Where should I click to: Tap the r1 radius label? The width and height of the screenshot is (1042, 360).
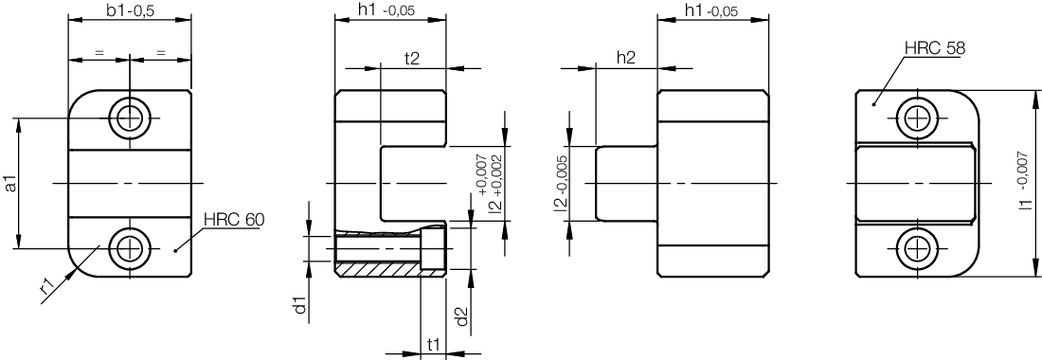pos(47,287)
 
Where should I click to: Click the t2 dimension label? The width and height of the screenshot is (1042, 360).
pos(412,58)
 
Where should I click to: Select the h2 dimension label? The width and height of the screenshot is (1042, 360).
pos(626,58)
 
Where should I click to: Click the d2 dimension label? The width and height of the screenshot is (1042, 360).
pos(463,317)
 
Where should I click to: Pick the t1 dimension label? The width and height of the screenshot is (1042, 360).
pos(433,344)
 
